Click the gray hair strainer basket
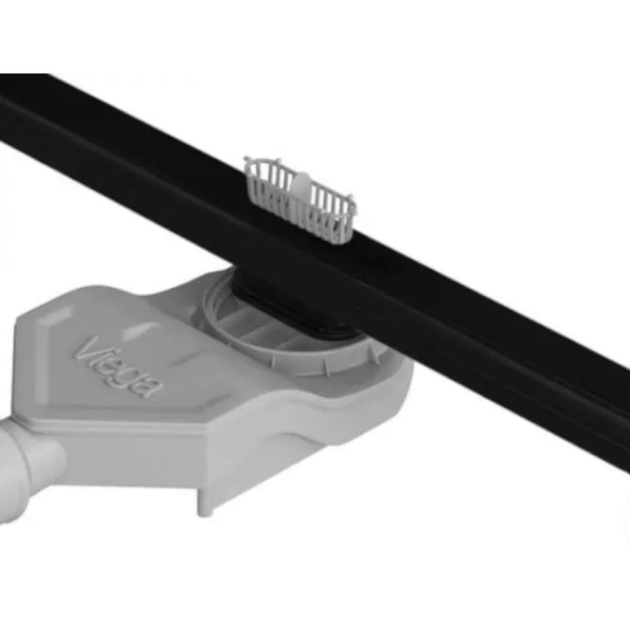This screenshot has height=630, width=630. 300,200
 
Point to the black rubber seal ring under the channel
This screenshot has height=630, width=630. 298,317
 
